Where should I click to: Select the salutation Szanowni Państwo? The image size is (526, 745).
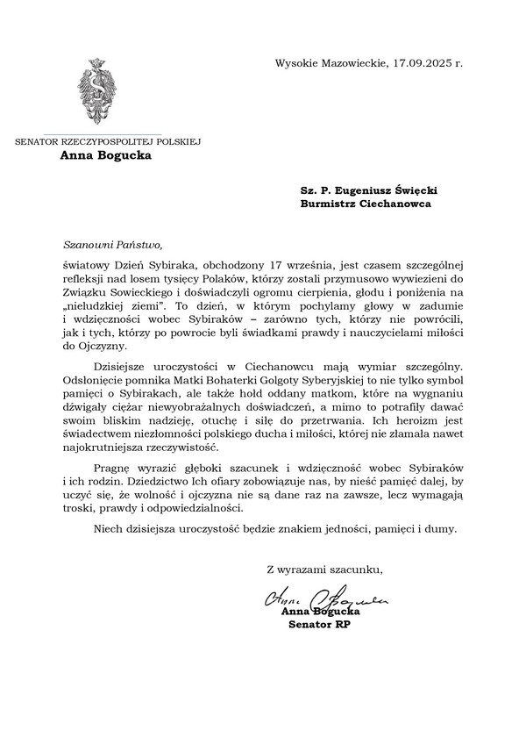click(x=114, y=246)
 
